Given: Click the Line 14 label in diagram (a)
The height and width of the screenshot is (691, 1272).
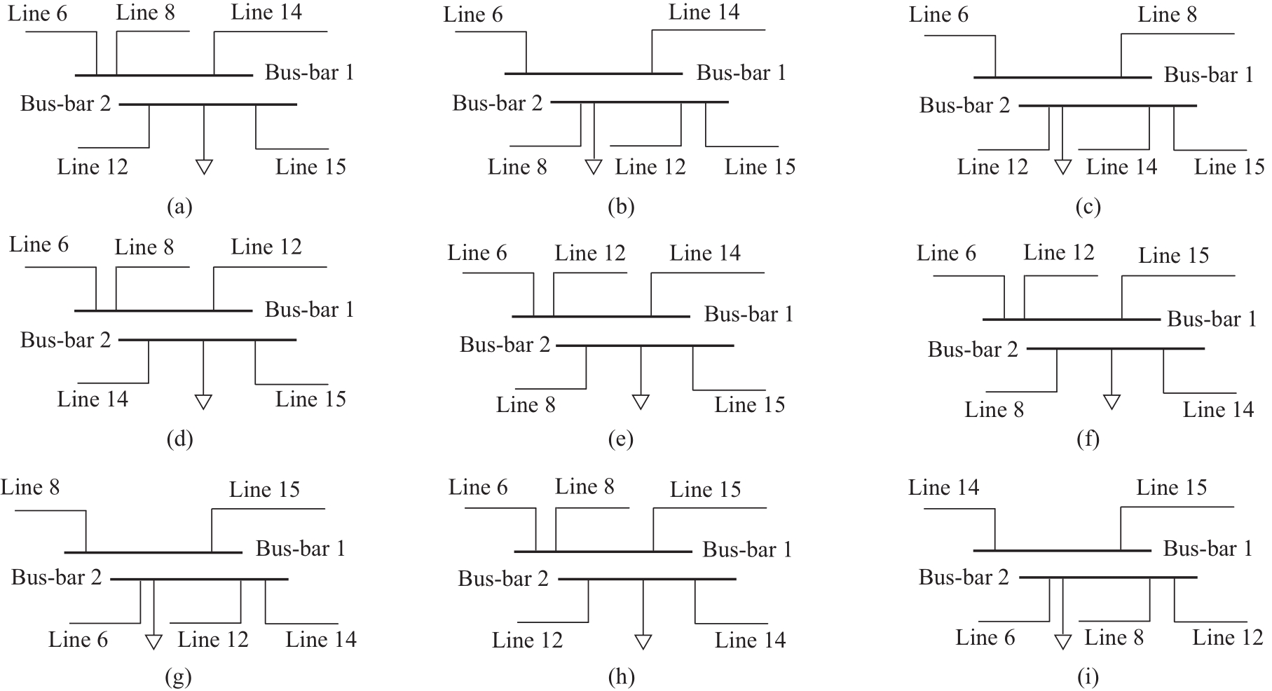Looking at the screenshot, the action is [266, 12].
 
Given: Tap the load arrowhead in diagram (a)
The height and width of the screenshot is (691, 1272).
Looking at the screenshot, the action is [204, 167].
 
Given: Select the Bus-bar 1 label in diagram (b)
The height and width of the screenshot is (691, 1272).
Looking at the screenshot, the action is [741, 73].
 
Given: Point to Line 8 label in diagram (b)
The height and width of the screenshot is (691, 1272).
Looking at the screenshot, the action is [517, 167].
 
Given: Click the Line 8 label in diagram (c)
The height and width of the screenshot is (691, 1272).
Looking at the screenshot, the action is [1167, 14].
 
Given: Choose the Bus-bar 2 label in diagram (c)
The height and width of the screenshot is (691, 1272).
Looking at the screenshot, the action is [964, 105].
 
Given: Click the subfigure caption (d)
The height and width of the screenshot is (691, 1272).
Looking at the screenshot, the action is [180, 439].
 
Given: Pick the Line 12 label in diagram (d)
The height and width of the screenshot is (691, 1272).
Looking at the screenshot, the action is [266, 247].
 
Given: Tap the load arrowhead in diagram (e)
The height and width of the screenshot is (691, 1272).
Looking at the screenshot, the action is [641, 402].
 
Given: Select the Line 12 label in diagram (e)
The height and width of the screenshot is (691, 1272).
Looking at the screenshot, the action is [590, 253].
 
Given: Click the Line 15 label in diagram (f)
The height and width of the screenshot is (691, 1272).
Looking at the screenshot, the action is [1174, 255].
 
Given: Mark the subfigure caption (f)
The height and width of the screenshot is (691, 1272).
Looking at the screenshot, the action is [1088, 439].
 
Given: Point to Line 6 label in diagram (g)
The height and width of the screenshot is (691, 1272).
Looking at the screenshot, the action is [78, 639].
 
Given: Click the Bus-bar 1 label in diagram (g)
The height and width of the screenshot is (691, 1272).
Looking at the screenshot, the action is [301, 548].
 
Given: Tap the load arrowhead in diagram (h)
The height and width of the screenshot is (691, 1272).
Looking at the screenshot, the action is [643, 641].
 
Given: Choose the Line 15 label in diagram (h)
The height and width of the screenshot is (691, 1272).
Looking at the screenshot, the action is [705, 489].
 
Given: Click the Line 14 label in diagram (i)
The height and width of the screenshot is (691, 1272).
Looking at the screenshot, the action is [943, 487].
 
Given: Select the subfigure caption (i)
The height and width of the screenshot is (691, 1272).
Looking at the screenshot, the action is [1088, 677].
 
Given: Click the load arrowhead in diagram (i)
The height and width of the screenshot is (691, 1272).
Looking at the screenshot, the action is [1063, 641].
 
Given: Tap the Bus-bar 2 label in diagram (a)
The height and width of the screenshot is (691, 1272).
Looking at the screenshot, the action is [65, 104].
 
